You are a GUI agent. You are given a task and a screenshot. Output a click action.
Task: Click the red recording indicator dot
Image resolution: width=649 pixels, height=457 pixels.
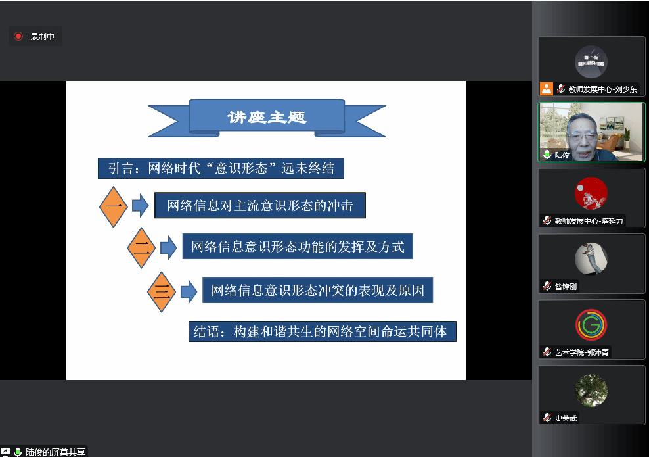[x=18, y=36]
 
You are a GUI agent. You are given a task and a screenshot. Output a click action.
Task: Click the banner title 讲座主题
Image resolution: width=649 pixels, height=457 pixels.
[x=267, y=118]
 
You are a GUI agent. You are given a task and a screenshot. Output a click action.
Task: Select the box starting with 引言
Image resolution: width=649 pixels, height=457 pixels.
[x=221, y=168]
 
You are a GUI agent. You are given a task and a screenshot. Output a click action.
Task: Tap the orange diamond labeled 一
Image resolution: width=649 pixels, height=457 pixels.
[x=114, y=207]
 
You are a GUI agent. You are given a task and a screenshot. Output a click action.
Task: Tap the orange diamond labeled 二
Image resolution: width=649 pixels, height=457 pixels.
[x=141, y=248]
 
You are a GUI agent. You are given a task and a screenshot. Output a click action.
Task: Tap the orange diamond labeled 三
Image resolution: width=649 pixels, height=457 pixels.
[x=162, y=291]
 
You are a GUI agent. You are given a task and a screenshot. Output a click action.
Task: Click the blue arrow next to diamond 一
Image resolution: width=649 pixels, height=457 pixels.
[x=140, y=206]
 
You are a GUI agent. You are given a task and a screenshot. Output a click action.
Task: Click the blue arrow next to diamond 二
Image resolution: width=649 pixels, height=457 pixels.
[x=168, y=248]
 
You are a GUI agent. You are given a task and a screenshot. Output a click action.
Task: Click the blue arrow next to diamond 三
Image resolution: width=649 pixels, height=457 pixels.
[x=189, y=291]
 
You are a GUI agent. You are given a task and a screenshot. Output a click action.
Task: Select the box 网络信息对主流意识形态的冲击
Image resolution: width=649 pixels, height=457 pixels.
[x=259, y=206]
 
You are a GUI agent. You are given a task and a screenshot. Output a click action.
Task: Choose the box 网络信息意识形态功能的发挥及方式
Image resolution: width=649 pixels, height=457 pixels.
[x=298, y=247]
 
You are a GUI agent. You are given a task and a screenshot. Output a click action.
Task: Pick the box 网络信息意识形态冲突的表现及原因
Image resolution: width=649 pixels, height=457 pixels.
[x=318, y=290]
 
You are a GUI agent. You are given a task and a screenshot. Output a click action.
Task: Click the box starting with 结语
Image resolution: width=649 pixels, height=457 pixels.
[x=322, y=331]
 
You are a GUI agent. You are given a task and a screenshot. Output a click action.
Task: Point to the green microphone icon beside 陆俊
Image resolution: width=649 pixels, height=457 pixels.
[x=547, y=155]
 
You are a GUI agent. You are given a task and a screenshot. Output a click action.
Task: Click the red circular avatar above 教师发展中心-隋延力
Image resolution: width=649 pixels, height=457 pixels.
[x=591, y=193]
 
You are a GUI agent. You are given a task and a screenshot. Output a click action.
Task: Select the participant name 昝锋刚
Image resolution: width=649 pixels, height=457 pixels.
[x=566, y=287]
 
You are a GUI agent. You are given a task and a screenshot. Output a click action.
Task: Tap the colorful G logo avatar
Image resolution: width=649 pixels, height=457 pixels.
[x=591, y=325]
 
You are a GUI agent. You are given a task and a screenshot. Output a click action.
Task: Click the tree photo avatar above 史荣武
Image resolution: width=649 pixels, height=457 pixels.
[x=591, y=391]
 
